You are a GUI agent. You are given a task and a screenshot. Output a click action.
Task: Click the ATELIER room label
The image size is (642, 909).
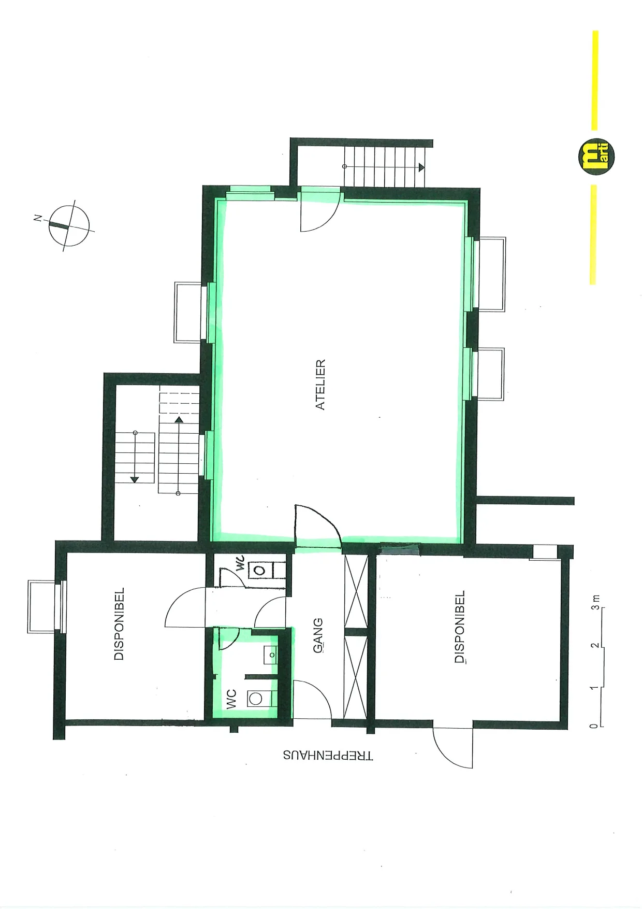(x=320, y=385)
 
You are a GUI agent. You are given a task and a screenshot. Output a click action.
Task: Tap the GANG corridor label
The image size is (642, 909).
(x=318, y=635)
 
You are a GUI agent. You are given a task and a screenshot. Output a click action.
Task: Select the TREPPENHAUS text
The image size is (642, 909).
(x=328, y=755)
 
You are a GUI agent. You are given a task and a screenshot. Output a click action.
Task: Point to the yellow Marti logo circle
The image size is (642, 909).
(x=596, y=157)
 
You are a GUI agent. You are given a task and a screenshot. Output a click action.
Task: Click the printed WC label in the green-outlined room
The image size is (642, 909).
(x=231, y=699)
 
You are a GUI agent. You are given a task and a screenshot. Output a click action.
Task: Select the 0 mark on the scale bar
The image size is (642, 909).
(x=594, y=726)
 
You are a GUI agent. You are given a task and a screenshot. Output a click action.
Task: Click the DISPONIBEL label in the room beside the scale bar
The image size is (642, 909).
(x=459, y=627)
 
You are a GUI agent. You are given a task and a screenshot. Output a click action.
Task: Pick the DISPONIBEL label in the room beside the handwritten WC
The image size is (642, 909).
(x=119, y=623)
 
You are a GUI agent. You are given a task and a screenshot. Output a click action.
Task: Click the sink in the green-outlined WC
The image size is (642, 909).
(x=271, y=655)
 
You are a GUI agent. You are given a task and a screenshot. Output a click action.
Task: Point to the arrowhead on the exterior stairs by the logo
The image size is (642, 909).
(x=422, y=167)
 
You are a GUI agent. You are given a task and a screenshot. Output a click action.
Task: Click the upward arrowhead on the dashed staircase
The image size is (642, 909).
(x=179, y=420)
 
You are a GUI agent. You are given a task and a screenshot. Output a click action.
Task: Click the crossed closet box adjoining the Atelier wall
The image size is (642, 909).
(x=356, y=591)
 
